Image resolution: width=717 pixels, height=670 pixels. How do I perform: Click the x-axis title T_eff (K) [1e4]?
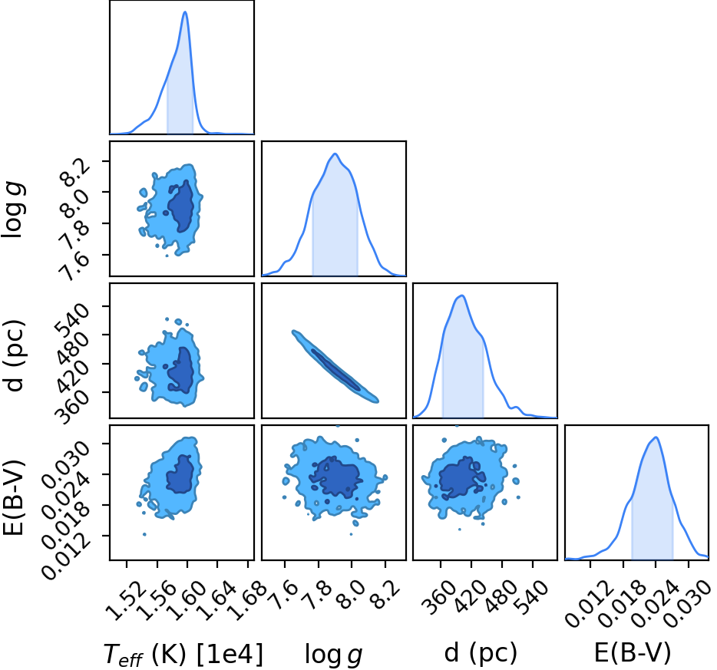(x=183, y=654)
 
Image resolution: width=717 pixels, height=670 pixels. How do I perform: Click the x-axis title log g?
(x=334, y=655)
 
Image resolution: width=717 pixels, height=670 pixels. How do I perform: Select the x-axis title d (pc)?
(x=481, y=652)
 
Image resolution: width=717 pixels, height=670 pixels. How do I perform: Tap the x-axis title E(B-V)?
(x=633, y=652)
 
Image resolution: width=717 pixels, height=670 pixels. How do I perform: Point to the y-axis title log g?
(x=13, y=209)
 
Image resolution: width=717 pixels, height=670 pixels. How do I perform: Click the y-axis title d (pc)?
(x=14, y=355)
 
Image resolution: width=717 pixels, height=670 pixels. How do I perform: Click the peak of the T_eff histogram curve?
(x=185, y=12)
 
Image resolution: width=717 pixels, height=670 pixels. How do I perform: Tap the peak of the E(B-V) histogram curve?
(x=656, y=437)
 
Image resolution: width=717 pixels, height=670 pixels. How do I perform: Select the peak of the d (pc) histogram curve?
(x=462, y=295)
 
